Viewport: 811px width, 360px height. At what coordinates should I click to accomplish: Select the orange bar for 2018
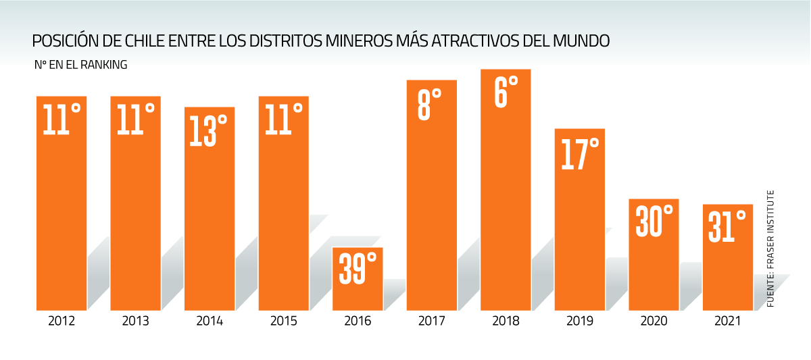[506, 203]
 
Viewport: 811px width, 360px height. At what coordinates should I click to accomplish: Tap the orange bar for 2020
[654, 270]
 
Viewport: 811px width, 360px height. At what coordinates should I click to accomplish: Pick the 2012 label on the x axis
[62, 321]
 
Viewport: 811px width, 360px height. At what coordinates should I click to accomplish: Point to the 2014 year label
[210, 321]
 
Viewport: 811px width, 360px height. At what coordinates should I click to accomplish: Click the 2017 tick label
[432, 321]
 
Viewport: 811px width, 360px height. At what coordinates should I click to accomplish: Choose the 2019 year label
[580, 321]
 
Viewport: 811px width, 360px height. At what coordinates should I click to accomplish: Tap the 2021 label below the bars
[728, 321]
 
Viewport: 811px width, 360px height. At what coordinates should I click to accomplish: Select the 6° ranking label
[506, 91]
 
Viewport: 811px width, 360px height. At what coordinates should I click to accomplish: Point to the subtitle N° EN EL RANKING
[80, 66]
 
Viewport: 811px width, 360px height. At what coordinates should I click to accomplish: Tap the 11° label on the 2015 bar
[282, 119]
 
